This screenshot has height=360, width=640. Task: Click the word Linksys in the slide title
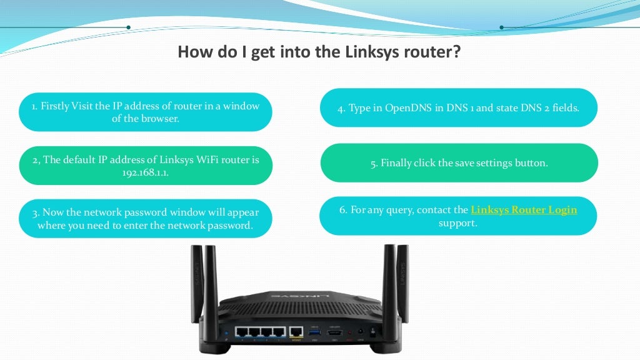click(368, 51)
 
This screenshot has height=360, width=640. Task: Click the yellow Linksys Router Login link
click(524, 210)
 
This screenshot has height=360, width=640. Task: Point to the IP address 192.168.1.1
click(146, 172)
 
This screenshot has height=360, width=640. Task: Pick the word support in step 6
click(458, 222)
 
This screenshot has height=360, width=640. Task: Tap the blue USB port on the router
click(314, 332)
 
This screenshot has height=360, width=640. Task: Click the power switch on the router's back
click(373, 332)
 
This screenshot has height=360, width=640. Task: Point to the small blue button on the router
click(226, 331)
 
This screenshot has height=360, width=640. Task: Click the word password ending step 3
click(232, 225)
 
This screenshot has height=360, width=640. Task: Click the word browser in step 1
click(161, 118)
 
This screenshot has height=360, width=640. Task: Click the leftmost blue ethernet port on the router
click(241, 332)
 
